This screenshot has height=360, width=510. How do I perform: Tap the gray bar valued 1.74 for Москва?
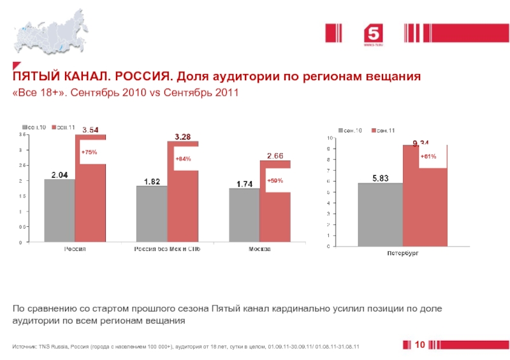coord(244,215)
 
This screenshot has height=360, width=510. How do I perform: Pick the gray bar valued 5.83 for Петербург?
coord(380,215)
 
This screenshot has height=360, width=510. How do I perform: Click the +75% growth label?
coord(89,152)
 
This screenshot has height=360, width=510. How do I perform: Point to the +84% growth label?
coord(183,158)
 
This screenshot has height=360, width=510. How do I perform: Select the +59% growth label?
coord(275,180)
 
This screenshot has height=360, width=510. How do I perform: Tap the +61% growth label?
coord(428,156)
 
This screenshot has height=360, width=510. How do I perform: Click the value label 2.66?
coord(275,155)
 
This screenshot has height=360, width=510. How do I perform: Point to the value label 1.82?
coord(152,181)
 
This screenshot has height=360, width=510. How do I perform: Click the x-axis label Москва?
coord(259,249)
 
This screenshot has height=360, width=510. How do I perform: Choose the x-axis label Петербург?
coord(403,254)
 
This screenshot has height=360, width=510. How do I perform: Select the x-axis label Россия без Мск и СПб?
coord(167,249)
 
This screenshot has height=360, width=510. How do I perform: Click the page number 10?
coord(419,345)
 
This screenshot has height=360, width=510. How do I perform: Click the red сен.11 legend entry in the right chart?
coord(382,130)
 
